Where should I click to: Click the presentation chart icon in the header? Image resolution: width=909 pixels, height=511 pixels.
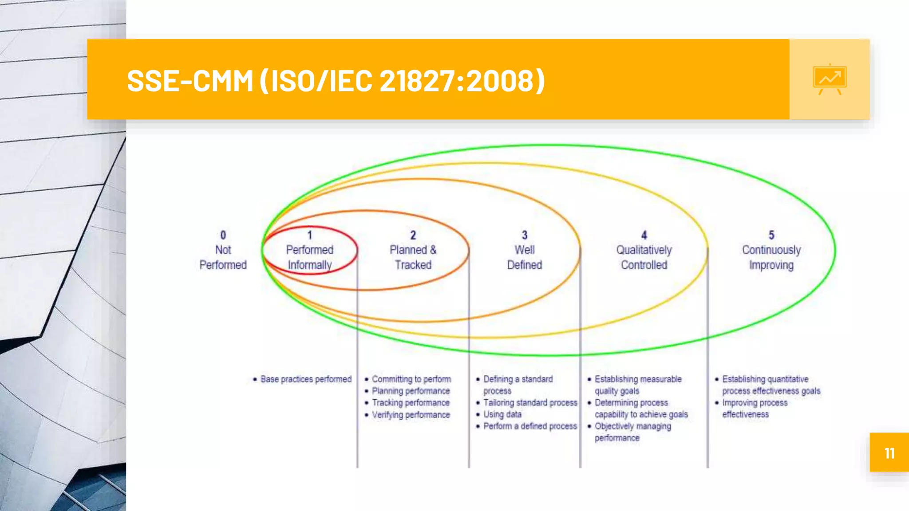830,79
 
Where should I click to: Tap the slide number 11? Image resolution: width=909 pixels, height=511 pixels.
889,453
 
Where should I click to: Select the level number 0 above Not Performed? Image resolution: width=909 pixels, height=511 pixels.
223,235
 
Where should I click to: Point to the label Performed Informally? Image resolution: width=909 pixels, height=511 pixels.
309,257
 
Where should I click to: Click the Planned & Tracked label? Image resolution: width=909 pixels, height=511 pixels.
413,257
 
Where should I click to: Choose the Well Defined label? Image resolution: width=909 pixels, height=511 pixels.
524,257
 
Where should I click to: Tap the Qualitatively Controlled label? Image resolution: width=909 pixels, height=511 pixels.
644,257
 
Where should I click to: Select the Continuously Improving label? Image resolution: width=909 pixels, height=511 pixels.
771,257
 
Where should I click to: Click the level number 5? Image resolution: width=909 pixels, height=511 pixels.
771,235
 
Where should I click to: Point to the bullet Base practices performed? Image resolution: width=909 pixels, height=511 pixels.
306,379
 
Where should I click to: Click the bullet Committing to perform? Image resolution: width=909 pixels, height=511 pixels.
411,379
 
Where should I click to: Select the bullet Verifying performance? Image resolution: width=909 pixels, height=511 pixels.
411,415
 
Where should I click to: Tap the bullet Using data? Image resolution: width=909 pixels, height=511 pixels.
502,414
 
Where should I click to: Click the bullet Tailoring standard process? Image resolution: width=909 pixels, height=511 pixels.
530,403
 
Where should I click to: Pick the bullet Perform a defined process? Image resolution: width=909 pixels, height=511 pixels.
530,426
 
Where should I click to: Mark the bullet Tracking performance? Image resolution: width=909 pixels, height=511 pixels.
411,403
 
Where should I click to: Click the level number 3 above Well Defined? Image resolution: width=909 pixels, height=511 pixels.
525,235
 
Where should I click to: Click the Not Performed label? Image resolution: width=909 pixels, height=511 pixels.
223,257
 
